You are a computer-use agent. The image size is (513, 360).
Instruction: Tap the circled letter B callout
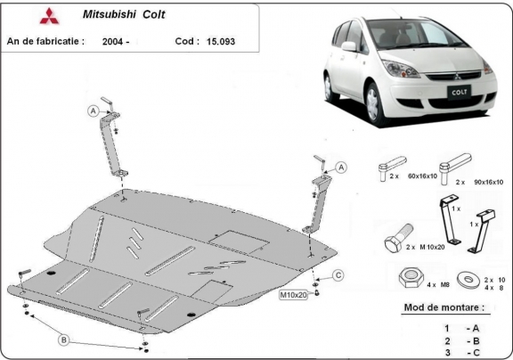click(64, 339)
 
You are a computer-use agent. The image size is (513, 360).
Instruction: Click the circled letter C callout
click(339, 274)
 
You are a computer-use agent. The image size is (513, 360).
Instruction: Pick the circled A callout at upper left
click(92, 110)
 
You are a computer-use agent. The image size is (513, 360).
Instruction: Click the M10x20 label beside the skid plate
click(294, 294)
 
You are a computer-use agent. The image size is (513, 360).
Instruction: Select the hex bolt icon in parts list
click(395, 241)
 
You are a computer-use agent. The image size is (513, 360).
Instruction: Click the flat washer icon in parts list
click(463, 280)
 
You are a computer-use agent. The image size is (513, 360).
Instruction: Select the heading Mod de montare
click(444, 307)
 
